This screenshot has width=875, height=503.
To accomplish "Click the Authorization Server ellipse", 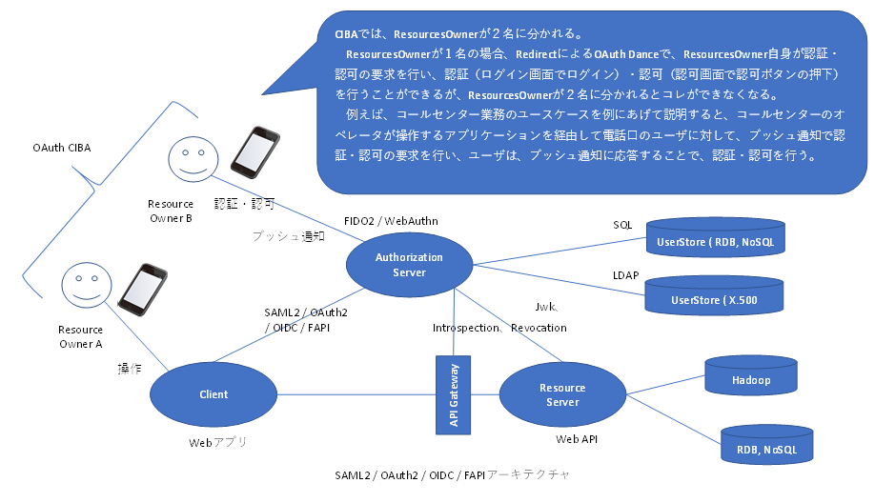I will pyautogui.click(x=409, y=264).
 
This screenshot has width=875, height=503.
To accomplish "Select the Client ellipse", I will pyautogui.click(x=214, y=394).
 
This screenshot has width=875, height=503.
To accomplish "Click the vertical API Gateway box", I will pyautogui.click(x=454, y=394).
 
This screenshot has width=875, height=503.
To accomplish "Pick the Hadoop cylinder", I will pyautogui.click(x=751, y=379).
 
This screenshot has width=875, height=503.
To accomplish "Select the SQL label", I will pyautogui.click(x=622, y=225).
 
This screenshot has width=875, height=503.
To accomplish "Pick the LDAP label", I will pyautogui.click(x=625, y=276).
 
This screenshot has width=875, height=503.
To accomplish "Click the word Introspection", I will pyautogui.click(x=467, y=328).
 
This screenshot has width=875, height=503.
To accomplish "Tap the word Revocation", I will pyautogui.click(x=539, y=328).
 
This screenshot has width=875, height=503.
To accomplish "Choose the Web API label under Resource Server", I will pyautogui.click(x=577, y=439).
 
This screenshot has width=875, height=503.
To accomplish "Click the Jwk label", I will pyautogui.click(x=548, y=307).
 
